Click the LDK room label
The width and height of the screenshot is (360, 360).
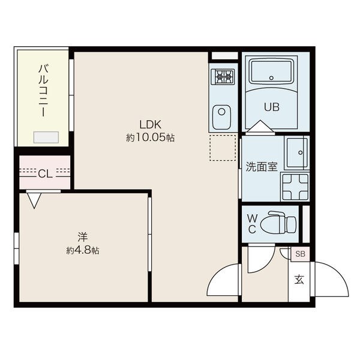pos(151,124)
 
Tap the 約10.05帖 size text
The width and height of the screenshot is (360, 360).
pos(151,138)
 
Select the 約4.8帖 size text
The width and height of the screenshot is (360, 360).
pos(83,250)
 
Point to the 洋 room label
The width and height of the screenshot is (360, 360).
pos(83,237)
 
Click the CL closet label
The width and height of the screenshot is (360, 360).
pos(45,174)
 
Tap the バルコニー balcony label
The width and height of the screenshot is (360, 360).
pos(43,91)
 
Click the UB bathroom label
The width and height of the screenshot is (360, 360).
pos(272,107)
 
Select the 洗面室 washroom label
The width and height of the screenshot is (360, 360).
pos(262,167)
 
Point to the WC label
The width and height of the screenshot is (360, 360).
pos(252,223)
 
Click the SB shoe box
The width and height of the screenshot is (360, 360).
pos(301,254)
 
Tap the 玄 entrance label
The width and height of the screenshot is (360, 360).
pos(299,280)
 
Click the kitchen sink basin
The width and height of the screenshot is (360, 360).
pos(221,118)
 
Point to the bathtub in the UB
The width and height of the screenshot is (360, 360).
pos(272,71)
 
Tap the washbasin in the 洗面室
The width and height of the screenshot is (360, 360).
pos(297,152)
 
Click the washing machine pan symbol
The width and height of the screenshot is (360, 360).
pos(295,187)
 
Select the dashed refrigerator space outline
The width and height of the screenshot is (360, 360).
pos(223,148)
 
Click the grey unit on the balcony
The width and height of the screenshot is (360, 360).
pos(46,137)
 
